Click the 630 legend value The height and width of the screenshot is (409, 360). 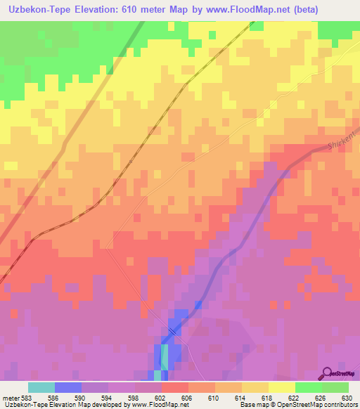[x=347, y=397]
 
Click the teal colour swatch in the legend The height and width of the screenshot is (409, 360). [x=41, y=387]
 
